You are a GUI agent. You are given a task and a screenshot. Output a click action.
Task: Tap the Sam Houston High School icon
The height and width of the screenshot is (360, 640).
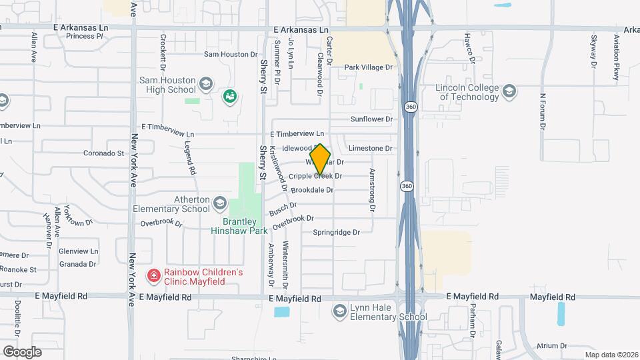pyautogui.click(x=206, y=84)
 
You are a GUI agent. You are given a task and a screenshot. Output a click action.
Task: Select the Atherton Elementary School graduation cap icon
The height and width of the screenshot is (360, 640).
pyautogui.click(x=221, y=201)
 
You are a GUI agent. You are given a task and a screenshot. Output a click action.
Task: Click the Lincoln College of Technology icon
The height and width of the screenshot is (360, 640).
pyautogui.click(x=510, y=91)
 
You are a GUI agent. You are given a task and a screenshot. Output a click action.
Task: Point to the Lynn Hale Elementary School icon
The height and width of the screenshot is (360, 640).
pyautogui.click(x=340, y=311)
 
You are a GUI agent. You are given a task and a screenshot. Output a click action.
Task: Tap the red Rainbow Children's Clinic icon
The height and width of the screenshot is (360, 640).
pyautogui.click(x=153, y=275)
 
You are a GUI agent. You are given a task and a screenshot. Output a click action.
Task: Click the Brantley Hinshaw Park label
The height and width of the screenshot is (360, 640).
pyautogui.click(x=239, y=225)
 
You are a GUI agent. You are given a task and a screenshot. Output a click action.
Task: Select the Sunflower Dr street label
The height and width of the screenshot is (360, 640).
pyautogui.click(x=371, y=119)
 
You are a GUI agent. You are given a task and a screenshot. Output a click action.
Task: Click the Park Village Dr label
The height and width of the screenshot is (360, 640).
pyautogui.click(x=369, y=67)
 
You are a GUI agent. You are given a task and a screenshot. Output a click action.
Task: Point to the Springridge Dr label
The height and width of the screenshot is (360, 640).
pyautogui.click(x=336, y=233)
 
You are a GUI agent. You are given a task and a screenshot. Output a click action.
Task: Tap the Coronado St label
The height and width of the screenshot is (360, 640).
pyautogui.click(x=104, y=153)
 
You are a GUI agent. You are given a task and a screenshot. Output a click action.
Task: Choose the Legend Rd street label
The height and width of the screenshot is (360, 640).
pyautogui.click(x=189, y=160)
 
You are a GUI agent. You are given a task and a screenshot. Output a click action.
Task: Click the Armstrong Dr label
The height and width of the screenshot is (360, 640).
pyautogui.click(x=373, y=190)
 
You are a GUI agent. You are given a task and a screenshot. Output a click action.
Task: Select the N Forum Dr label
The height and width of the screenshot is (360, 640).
pyautogui.click(x=543, y=110)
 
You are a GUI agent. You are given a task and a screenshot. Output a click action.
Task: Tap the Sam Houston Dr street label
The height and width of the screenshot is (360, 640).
pyautogui.click(x=231, y=54)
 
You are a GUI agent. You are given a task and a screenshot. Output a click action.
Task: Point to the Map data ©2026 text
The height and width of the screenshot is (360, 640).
pyautogui.click(x=611, y=355)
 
